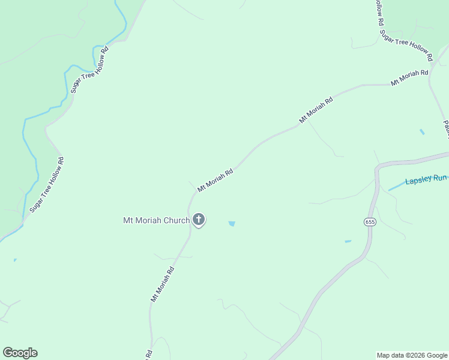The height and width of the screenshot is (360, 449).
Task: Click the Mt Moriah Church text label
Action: coord(156,220)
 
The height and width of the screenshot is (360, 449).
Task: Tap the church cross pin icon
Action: coord(199,220)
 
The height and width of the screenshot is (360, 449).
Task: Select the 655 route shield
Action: coord(370,222)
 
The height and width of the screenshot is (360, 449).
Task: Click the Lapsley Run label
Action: coord(426,179)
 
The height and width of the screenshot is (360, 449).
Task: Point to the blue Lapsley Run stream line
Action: coord(396,187)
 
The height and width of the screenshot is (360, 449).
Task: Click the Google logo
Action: coord(20,353)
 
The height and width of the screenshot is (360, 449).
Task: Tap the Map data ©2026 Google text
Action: coord(412,355)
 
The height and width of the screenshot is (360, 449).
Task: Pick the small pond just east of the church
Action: coord(232,224)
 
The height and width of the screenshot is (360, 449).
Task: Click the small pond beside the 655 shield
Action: coord(348,242)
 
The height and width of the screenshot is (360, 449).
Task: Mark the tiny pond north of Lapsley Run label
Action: coord(422,131)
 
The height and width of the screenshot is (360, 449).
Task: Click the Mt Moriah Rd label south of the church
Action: coord(162,284)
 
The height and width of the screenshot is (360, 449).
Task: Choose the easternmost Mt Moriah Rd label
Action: coord(409,77)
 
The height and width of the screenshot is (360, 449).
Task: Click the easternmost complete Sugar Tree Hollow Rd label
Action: coord(406,46)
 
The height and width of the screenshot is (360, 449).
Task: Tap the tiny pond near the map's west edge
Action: coord(15,260)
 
